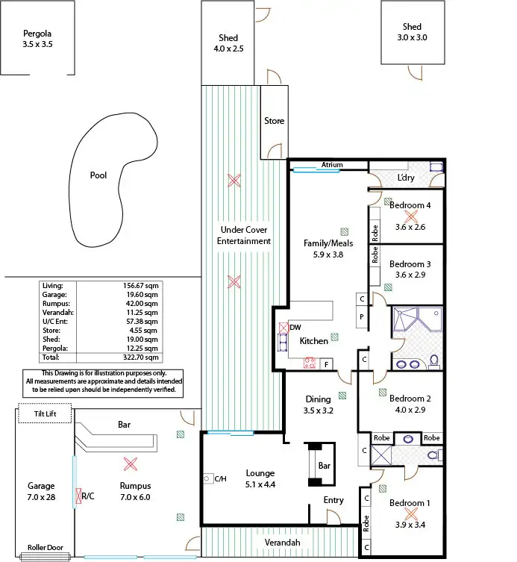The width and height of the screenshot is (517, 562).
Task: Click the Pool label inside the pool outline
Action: coord(98,176)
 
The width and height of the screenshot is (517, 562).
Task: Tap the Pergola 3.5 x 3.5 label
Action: coord(37,39)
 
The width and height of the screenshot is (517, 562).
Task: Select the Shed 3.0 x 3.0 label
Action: coord(413,32)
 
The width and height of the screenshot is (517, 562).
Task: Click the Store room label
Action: coord(274,121)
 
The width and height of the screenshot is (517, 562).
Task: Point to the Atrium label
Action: coord(332,165)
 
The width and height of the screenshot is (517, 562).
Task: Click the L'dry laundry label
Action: coord(406,178)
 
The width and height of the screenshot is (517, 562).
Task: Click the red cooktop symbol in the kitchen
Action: coord(309,363)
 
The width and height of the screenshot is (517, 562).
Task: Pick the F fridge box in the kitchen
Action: coord(327,363)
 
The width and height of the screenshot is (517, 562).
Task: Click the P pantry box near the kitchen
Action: coord(362,316)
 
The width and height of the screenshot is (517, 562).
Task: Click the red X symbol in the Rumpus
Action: coord(130,464)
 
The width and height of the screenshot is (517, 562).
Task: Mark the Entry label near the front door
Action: coord(333,500)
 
